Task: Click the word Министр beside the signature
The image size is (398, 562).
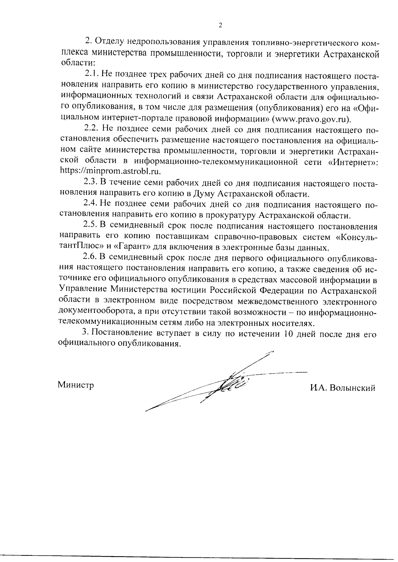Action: [76, 385]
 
